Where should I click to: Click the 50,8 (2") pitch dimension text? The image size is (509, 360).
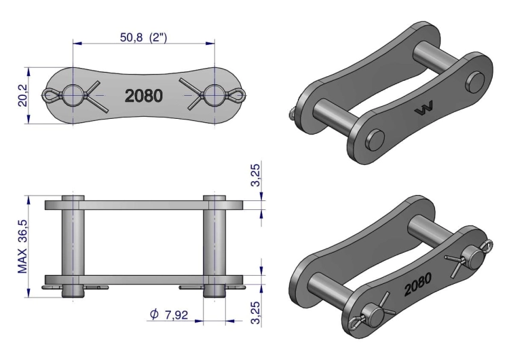(x=143, y=37)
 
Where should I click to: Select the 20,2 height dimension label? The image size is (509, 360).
(x=22, y=96)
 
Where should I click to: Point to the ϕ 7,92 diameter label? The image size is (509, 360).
(x=169, y=314)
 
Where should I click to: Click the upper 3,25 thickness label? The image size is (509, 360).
(x=255, y=175)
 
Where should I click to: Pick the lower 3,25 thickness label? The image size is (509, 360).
(x=255, y=312)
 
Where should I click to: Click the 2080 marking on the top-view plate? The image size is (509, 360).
(x=143, y=96)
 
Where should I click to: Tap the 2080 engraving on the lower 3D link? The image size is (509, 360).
(x=418, y=285)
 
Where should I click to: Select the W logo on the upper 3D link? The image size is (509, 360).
(x=423, y=109)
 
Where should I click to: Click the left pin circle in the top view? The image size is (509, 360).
(x=73, y=95)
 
